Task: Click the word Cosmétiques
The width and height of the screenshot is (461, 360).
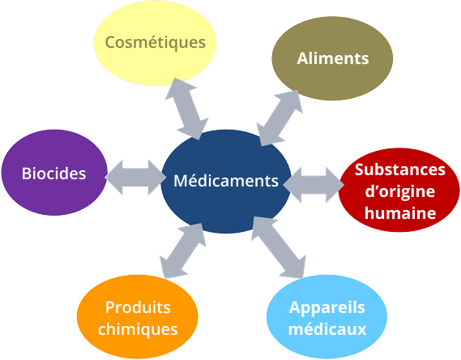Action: point(156,42)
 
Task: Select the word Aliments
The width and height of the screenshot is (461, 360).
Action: point(333,58)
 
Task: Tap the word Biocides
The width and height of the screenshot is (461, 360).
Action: point(53,174)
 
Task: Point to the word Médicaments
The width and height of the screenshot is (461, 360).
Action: point(226,181)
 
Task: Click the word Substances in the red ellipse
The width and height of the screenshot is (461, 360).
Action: point(400,169)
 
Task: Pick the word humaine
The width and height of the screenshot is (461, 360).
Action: point(400,212)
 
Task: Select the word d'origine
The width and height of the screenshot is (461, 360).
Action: point(400,192)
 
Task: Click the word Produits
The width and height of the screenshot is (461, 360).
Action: point(138,307)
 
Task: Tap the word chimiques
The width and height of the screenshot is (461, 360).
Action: point(138,329)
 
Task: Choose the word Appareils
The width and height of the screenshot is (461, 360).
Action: point(327,308)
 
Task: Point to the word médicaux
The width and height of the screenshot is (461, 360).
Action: point(327,329)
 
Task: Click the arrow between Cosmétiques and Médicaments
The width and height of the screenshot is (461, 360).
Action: point(186,109)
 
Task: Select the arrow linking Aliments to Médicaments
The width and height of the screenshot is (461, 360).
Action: point(280,118)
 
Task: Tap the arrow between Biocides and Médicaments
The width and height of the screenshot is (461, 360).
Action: point(135,178)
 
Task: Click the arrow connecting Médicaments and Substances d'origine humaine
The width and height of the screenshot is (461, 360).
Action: point(314,185)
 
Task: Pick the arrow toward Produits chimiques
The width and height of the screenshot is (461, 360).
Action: point(182,251)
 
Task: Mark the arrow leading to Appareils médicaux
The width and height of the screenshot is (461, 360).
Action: point(279,247)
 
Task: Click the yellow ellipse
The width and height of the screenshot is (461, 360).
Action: point(156,43)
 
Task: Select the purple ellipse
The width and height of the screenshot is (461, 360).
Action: point(54,173)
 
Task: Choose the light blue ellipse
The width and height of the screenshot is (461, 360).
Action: point(327,317)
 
